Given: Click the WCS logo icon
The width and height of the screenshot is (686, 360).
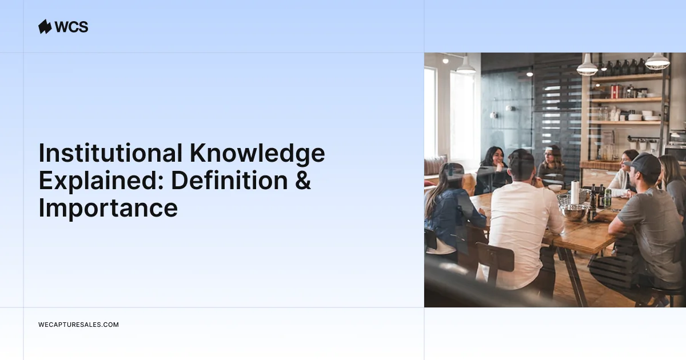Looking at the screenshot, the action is click(45, 27).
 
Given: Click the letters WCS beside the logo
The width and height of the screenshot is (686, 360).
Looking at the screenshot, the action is click(71, 27).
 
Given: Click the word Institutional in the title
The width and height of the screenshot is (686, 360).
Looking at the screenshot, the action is click(110, 153).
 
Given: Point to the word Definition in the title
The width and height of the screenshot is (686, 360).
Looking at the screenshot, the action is click(229, 181).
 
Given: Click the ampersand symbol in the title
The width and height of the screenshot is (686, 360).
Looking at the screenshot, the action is click(303, 181).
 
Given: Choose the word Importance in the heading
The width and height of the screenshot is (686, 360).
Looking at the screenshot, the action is click(108, 209).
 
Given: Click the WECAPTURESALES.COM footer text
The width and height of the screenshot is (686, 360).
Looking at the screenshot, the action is click(78, 325).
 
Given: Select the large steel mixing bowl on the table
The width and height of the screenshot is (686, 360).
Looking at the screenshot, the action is click(573, 212).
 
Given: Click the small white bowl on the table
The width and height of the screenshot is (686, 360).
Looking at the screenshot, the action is click(555, 187).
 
